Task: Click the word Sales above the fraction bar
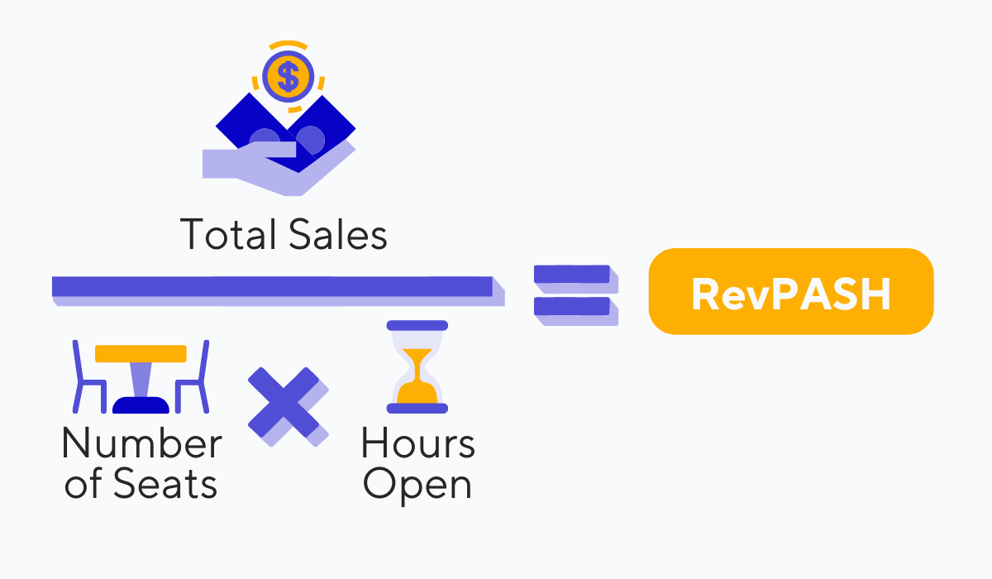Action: pos(338,235)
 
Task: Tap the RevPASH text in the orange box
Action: pos(791,294)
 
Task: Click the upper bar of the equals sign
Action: pos(572,275)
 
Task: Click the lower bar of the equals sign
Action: pos(572,307)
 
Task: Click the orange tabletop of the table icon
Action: pos(141,353)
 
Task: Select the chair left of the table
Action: pos(86,378)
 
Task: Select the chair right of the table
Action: pos(195,378)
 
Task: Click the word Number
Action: pos(141,444)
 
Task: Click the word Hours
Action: pos(417,444)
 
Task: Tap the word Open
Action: pos(417,485)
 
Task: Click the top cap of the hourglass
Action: pos(417,326)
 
